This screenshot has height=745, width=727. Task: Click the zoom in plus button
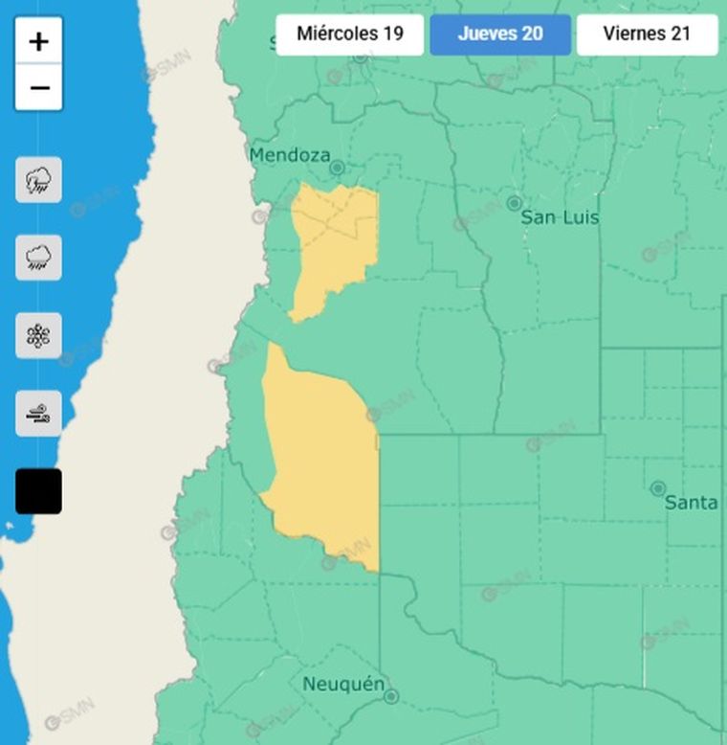[39, 41]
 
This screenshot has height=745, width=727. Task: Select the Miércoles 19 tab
[349, 34]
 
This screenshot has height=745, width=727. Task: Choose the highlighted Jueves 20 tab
[500, 34]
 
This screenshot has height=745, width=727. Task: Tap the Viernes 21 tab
[647, 34]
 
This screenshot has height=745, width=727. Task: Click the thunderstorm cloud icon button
[39, 180]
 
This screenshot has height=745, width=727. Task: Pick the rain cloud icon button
[39, 258]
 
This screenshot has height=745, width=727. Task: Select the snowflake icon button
[39, 336]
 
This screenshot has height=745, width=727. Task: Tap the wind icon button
[39, 414]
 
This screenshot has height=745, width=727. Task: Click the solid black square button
[39, 491]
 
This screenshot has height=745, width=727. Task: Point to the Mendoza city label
[289, 155]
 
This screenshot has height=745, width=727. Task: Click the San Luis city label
[560, 217]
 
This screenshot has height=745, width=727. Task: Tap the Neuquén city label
[343, 684]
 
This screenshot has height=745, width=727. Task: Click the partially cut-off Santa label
[691, 502]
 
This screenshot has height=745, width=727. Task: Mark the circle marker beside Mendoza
[337, 168]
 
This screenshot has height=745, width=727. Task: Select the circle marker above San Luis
[514, 203]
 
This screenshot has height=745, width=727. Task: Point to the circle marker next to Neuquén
[390, 696]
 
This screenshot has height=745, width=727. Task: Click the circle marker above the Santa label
[658, 488]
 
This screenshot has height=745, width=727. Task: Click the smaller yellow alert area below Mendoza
[333, 244]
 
